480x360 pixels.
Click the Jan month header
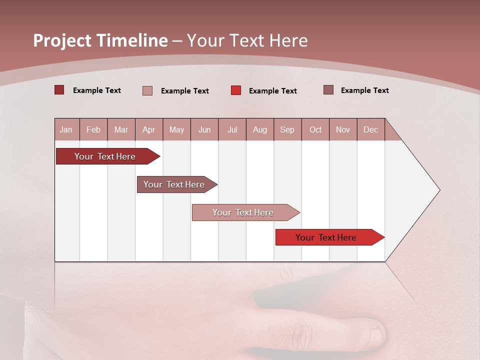coord(66,129)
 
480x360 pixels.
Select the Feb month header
coord(93,129)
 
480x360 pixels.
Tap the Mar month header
coord(121,129)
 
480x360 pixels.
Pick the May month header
coord(176,129)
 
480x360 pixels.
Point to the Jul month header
coord(232,129)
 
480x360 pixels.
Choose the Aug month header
coord(259,129)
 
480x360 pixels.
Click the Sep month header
coord(287,129)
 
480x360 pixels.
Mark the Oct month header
coord(315,129)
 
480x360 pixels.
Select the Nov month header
coord(343,129)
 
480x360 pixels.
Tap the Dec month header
coord(370,129)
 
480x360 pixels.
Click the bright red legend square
coord(236,90)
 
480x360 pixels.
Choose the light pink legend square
coord(147,90)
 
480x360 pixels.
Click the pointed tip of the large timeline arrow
coord(438,190)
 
